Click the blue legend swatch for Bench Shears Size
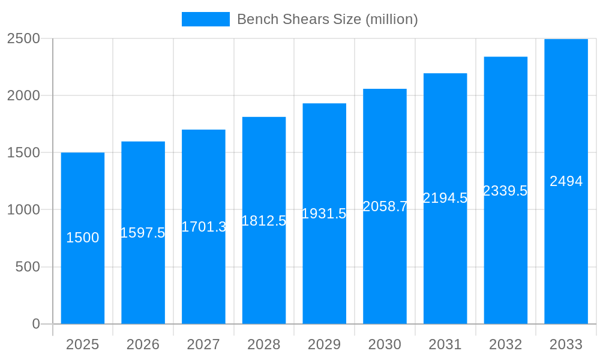click(205, 19)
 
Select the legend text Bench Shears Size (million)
click(327, 19)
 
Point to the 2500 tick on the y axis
click(23, 38)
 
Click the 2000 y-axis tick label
click(23, 95)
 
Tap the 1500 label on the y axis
click(23, 152)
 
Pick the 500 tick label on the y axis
click(28, 266)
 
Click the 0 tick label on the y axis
click(36, 324)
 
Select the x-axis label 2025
click(82, 344)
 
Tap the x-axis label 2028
click(263, 344)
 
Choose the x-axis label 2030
click(385, 344)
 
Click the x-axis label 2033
click(566, 344)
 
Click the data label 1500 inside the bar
click(82, 238)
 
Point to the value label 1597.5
click(143, 233)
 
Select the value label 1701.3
click(203, 227)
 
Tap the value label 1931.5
click(324, 214)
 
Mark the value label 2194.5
click(445, 198)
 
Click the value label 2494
click(566, 181)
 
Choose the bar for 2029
click(324, 270)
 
